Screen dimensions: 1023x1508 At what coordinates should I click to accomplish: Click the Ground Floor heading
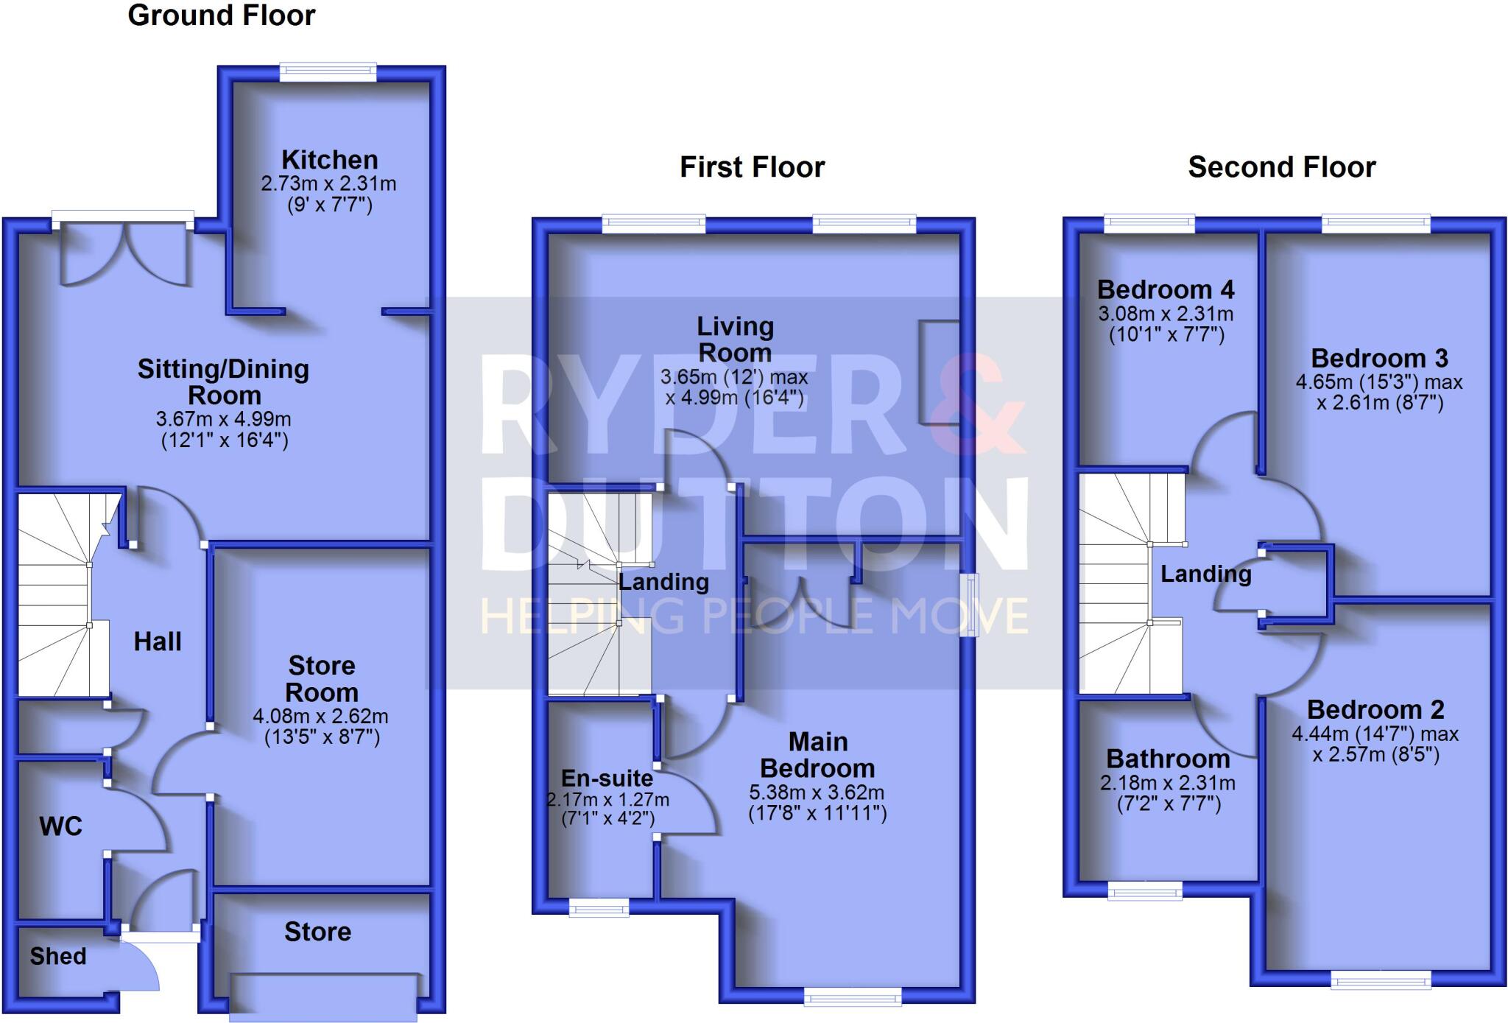221,15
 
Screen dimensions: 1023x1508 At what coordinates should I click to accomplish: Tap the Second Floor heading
1281,167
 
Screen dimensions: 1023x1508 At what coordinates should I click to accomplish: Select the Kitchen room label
329,160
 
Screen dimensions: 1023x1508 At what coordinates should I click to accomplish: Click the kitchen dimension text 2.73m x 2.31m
328,183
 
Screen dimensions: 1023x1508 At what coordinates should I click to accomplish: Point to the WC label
60,826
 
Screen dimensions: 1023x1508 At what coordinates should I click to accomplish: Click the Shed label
58,956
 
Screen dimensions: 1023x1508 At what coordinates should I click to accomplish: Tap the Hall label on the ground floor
158,641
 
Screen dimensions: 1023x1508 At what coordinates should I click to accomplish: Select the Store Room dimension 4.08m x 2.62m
320,716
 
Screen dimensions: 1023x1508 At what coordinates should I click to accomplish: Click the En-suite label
607,778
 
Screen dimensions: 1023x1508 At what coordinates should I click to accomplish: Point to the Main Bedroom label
817,755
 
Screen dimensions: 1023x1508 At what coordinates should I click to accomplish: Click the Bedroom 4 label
1166,289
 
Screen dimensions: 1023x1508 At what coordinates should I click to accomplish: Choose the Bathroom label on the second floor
1168,759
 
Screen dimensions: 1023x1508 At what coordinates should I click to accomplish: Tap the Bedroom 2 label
1375,709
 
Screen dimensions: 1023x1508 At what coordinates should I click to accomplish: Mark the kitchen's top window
328,71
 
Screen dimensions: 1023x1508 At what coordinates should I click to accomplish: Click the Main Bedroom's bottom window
853,997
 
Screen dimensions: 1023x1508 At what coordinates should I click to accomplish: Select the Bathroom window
1145,892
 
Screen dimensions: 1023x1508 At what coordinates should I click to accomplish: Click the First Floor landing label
663,582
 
